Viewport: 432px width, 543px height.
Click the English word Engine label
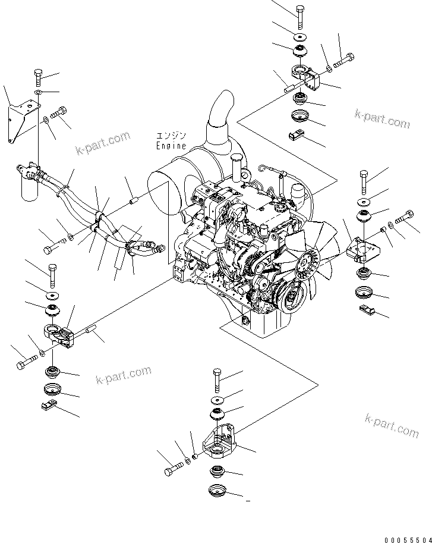[171, 145]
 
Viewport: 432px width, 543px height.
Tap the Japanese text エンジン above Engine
[171, 136]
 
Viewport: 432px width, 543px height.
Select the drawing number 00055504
[406, 538]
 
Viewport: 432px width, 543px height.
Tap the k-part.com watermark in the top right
[382, 118]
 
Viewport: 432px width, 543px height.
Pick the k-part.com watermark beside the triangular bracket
[102, 143]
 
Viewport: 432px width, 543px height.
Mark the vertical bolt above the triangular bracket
[37, 77]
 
